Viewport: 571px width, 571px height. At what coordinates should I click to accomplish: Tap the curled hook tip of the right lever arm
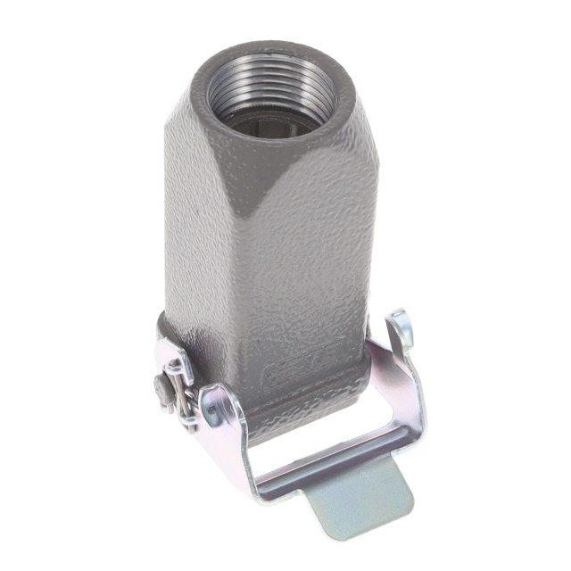pyautogui.click(x=402, y=326)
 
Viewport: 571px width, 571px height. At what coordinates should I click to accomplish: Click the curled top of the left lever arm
pyautogui.click(x=218, y=401)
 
